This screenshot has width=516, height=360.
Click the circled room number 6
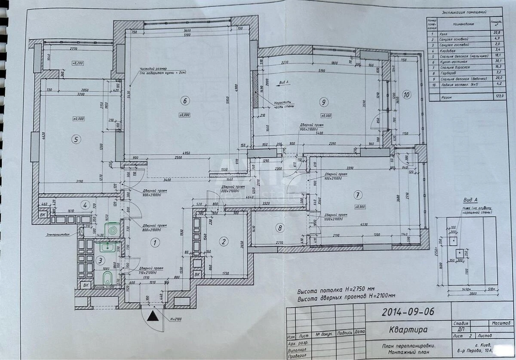coord(184,101)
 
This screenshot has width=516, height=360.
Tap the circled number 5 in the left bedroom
coord(76,139)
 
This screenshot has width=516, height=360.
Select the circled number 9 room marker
coord(323,101)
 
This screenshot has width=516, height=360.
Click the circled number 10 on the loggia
coord(406,94)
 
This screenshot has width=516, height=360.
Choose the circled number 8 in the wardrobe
coord(280,228)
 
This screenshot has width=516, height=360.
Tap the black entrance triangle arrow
coord(153,317)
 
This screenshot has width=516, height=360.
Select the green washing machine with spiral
coord(112,231)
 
